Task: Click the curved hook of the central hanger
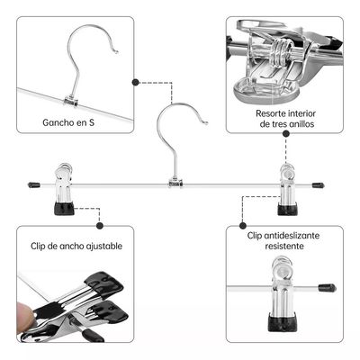tap(184, 126)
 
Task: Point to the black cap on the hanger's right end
tap(318, 186)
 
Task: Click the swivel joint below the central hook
tap(175, 184)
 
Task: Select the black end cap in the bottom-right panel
tap(326, 289)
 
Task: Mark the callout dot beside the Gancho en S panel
tap(136, 82)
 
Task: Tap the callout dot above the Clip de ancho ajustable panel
tap(100, 226)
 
